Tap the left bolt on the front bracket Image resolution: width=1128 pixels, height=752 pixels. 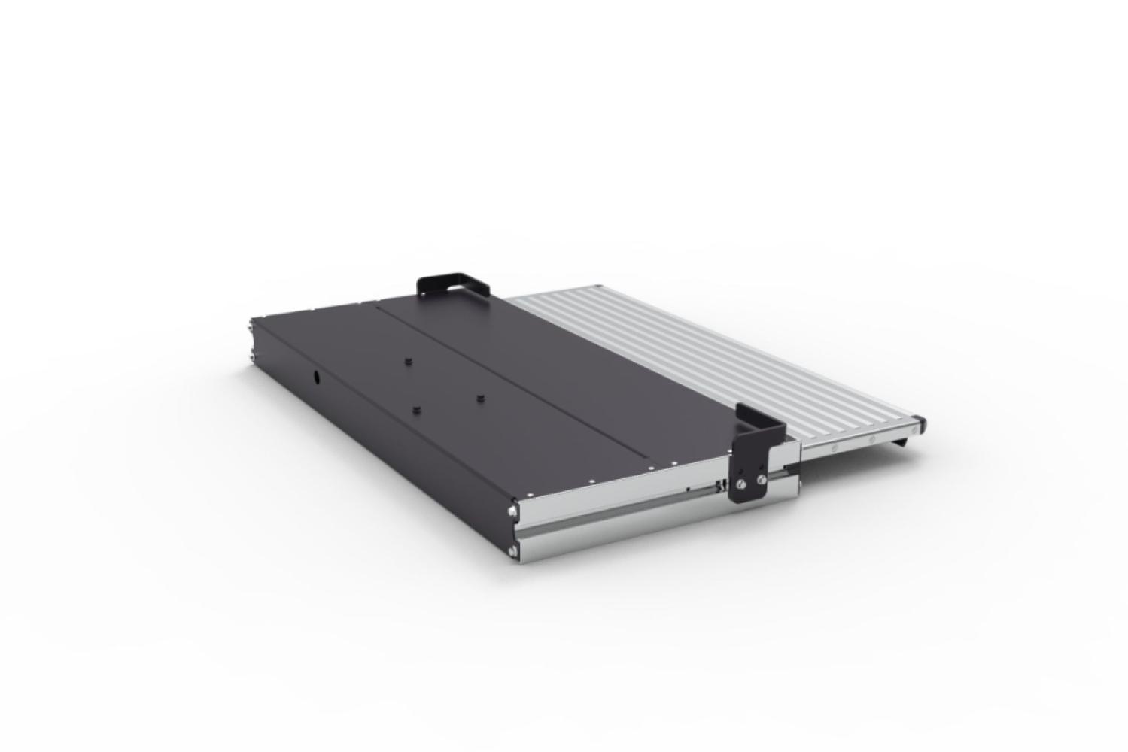tap(743, 484)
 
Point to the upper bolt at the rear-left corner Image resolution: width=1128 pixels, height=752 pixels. tap(251, 326)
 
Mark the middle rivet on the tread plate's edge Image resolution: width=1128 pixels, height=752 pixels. tap(871, 438)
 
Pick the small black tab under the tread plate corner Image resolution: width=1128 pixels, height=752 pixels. tap(901, 444)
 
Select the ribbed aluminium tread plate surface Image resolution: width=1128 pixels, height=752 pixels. tap(715, 361)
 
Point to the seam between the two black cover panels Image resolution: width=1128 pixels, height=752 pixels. tap(519, 384)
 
